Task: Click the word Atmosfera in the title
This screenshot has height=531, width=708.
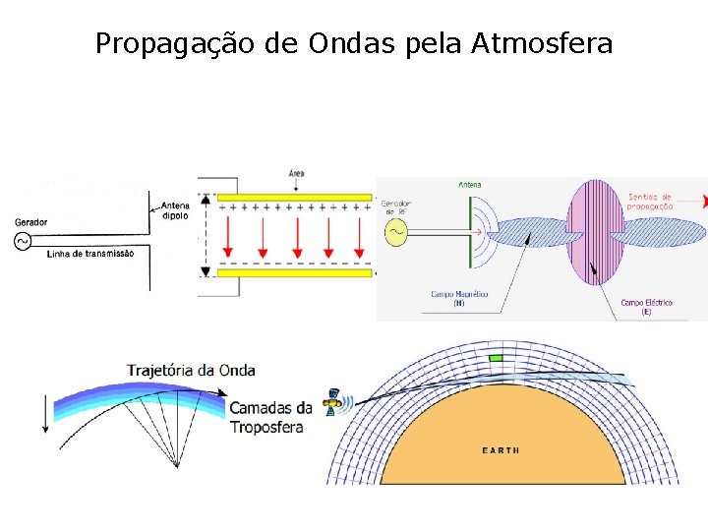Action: click(x=542, y=43)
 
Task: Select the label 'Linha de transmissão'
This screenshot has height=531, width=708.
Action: click(x=90, y=254)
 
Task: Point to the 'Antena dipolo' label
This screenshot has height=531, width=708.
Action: click(x=176, y=211)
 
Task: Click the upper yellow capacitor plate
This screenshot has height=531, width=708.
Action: click(x=294, y=197)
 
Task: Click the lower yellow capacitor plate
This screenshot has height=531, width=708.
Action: click(x=294, y=272)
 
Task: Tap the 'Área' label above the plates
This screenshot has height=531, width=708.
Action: click(x=296, y=173)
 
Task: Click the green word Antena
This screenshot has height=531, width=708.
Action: click(x=470, y=184)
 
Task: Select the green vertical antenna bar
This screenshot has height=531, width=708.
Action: click(x=471, y=232)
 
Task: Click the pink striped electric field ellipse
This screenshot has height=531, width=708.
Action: click(x=592, y=232)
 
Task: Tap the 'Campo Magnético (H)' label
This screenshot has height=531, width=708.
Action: click(x=458, y=298)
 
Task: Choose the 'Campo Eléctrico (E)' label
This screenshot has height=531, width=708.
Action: click(x=646, y=307)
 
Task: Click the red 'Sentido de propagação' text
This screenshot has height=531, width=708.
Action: click(x=650, y=202)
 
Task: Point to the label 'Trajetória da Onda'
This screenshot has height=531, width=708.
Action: click(x=191, y=371)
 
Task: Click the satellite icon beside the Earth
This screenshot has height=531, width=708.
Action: click(x=336, y=401)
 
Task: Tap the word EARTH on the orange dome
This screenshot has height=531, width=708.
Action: click(x=501, y=450)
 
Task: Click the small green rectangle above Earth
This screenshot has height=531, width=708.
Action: click(x=496, y=358)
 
